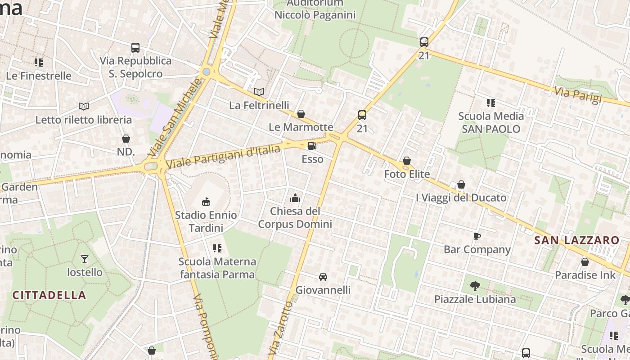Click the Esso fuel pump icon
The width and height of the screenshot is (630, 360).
click(311, 146)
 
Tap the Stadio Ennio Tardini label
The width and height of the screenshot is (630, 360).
click(206, 221)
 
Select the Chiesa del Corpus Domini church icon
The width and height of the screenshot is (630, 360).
click(295, 198)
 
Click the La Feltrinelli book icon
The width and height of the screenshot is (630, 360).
click(259, 92)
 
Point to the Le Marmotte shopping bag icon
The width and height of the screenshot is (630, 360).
click(301, 114)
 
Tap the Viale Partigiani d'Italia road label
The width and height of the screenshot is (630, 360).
click(223, 157)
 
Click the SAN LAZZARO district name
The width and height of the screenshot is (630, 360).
click(577, 240)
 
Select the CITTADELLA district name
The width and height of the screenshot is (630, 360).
click(49, 295)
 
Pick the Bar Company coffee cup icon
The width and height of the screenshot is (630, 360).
click(477, 236)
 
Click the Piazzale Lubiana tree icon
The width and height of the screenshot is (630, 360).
click(475, 286)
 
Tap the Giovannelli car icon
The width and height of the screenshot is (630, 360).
click(323, 276)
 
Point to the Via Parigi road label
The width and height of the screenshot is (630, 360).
click(578, 95)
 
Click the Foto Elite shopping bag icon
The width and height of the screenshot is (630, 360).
click(407, 161)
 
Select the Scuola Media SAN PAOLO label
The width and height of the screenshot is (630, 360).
click(491, 122)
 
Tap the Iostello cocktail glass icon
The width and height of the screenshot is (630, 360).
click(84, 259)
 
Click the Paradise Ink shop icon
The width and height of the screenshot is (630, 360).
click(585, 262)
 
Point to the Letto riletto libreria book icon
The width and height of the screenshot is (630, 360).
click(83, 106)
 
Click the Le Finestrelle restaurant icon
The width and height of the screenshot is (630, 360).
click(39, 63)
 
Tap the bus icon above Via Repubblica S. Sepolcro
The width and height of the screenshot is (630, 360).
click(135, 47)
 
